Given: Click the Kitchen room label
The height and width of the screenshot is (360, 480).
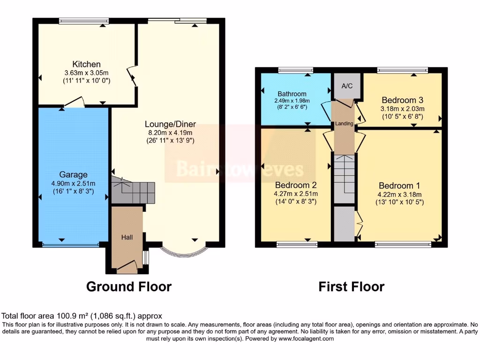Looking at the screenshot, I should pos(86,64).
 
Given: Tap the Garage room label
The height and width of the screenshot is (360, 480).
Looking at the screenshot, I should pos(73,175).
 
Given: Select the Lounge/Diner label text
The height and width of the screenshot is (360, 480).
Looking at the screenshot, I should pos(170,124).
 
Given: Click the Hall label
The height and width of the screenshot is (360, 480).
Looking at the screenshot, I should pos(127,238).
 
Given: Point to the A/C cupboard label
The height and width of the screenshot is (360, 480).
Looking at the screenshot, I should pos(347,86).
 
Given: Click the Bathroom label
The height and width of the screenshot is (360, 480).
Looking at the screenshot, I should pos(292,94).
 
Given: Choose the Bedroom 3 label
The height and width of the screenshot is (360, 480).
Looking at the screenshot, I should pos(402,100).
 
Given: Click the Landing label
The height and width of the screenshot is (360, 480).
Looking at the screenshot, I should pos(344,124).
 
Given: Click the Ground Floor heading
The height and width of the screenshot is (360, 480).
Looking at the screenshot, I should pos(128,286).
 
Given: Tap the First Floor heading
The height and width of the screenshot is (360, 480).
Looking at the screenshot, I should pos(351,286).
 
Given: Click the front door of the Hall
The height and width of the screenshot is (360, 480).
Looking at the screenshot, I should pos(126,268).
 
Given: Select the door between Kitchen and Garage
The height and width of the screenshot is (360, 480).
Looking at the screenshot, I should pos(75,103).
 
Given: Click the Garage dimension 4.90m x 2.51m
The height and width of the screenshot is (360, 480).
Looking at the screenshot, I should pos(73,183).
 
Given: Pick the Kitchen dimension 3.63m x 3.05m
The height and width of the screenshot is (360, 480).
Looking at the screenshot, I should pos(86,73).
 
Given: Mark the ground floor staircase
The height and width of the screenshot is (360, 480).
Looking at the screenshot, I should pos(133,191).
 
